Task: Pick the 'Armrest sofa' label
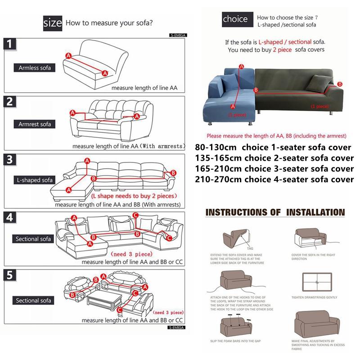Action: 35,124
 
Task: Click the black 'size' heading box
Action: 53,22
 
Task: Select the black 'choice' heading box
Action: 235,19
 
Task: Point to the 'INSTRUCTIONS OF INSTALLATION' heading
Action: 275,212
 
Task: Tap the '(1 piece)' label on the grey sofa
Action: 320,107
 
